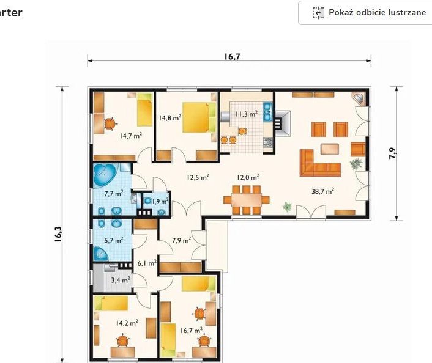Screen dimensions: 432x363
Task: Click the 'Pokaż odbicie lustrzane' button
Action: click(x=365, y=13)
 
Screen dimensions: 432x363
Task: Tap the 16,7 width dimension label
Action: click(x=232, y=56)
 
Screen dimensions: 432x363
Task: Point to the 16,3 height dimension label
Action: click(x=58, y=234)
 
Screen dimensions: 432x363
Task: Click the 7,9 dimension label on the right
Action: click(x=392, y=153)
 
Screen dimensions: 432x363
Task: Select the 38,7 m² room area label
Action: click(x=322, y=191)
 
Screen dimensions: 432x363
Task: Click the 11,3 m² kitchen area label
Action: click(x=247, y=114)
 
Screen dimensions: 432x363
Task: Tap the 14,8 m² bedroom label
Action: click(x=170, y=117)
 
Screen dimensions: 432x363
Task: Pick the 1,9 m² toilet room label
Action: click(x=160, y=202)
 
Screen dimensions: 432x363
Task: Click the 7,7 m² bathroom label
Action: click(x=114, y=193)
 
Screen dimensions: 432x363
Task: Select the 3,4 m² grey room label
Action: click(x=121, y=280)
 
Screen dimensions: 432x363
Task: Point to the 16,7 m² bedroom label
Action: click(x=192, y=330)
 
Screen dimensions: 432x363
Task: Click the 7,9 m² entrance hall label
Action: click(x=181, y=240)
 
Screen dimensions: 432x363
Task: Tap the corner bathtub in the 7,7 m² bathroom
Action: click(x=105, y=175)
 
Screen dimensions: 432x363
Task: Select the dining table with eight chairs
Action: click(x=247, y=200)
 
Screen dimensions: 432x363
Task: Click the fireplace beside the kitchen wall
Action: click(x=281, y=123)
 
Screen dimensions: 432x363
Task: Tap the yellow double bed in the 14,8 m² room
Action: click(x=199, y=117)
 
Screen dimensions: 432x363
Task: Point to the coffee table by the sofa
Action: click(x=330, y=149)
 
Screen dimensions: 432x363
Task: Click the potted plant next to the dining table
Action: click(x=287, y=207)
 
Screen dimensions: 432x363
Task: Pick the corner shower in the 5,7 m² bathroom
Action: click(x=100, y=254)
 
